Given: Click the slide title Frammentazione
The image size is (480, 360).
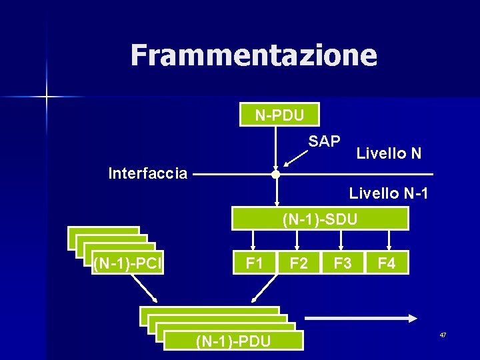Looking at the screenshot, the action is click(253, 55).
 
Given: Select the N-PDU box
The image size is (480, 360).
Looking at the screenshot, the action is click(279, 115).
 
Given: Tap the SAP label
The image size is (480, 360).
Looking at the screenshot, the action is click(325, 141).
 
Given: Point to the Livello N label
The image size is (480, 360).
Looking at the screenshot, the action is click(389, 153).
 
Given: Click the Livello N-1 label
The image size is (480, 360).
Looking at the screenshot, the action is click(389, 194).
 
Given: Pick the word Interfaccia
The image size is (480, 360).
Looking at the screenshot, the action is click(148, 174).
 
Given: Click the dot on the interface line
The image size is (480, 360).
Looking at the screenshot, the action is click(275, 175).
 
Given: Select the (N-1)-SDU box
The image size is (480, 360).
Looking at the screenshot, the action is click(320, 219).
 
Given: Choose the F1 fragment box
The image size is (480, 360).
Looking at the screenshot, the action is click(254, 263).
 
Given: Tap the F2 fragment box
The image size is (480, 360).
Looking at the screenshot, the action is click(299, 263).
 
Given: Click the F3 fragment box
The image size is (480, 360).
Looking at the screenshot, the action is click(343, 263).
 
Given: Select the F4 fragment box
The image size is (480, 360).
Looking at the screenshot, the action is click(387, 263).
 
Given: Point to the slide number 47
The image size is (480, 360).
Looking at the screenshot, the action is click(443, 334).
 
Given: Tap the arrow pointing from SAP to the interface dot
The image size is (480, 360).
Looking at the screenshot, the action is click(293, 157).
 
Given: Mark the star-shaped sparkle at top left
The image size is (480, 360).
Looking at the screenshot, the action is click(47, 97).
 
